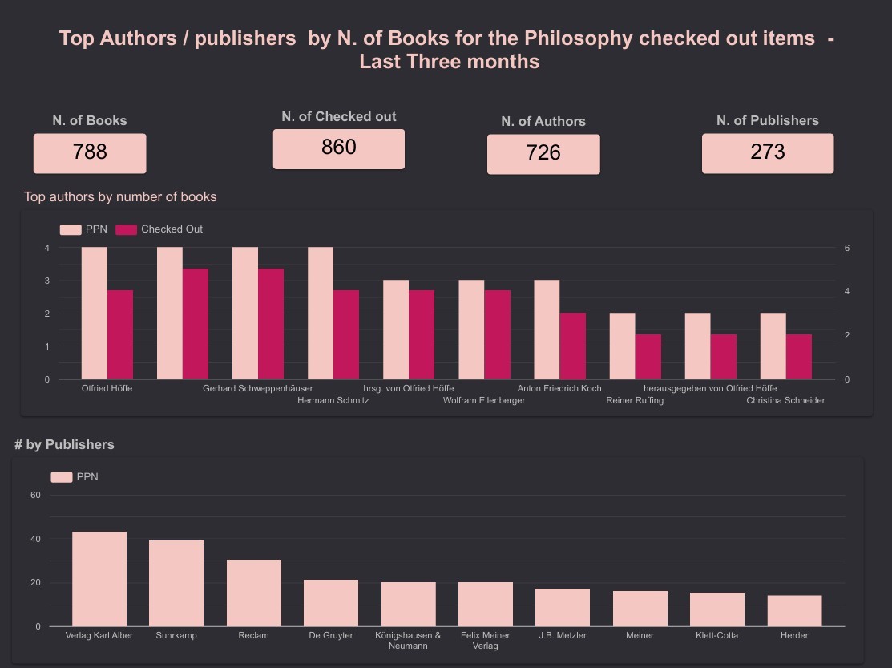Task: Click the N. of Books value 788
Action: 90,152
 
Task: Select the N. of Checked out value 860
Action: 338,148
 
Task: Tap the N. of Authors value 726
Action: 543,153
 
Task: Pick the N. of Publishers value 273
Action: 767,152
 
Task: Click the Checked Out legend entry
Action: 159,229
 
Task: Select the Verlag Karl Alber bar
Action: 99,579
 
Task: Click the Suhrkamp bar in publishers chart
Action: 176,583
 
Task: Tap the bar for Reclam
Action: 253,593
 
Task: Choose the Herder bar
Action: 794,610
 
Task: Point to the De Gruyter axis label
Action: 330,636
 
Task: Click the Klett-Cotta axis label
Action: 716,636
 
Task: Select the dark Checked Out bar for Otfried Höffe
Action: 120,334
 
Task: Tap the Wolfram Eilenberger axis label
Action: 484,401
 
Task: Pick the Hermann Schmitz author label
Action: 333,401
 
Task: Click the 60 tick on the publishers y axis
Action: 35,496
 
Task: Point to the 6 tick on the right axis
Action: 847,249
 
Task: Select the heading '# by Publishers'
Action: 64,445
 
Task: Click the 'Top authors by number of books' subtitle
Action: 120,197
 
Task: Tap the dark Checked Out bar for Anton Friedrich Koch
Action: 572,346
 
